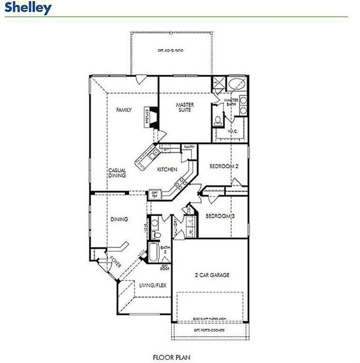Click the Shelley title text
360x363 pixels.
point(28,8)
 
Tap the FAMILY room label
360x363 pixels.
point(124,110)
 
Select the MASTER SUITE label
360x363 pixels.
point(185,107)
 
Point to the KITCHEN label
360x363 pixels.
point(167,169)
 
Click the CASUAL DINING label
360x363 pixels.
point(116,173)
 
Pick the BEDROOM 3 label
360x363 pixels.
point(220,216)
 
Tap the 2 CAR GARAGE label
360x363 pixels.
point(212,275)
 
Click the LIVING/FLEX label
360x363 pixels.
point(152,286)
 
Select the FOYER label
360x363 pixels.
point(115,263)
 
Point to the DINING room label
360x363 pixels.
point(119,219)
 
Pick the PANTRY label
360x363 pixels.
point(189,147)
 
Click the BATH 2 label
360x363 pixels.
point(165,251)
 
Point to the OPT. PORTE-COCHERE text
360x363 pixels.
point(209,330)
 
